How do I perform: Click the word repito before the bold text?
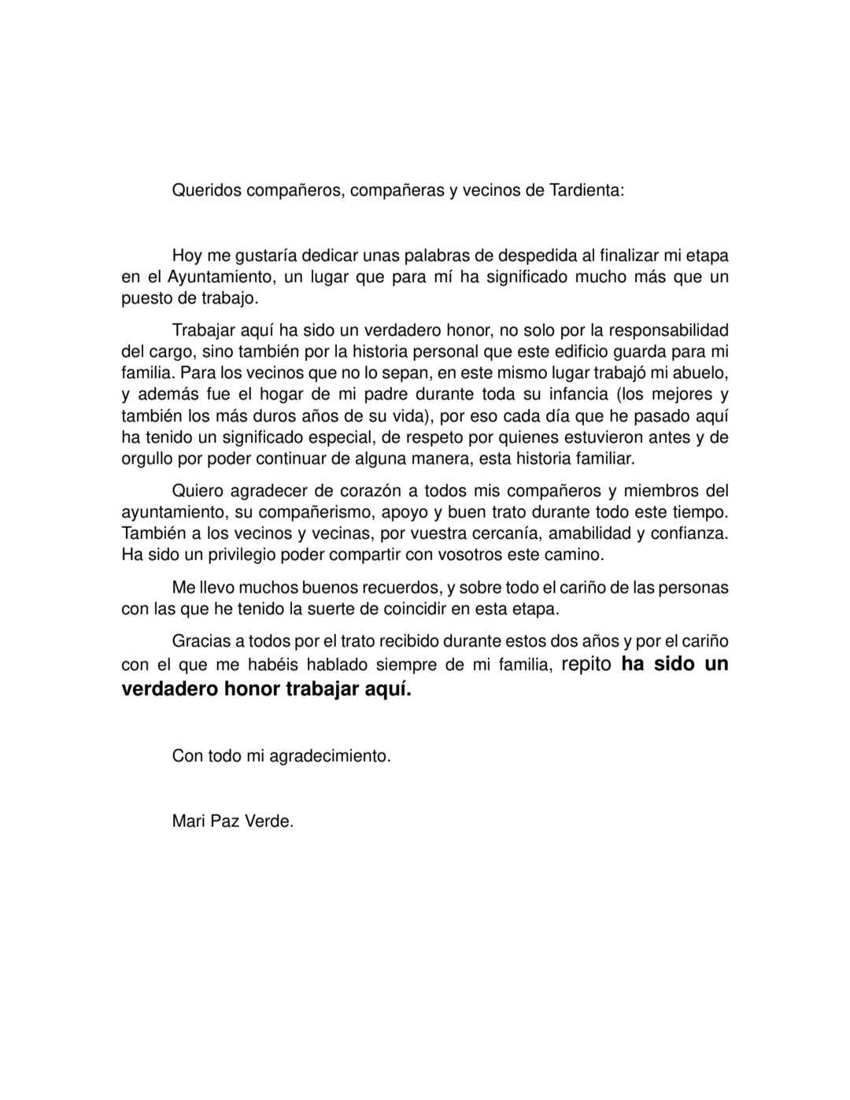pyautogui.click(x=586, y=664)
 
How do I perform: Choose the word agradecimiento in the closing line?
pyautogui.click(x=330, y=756)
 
